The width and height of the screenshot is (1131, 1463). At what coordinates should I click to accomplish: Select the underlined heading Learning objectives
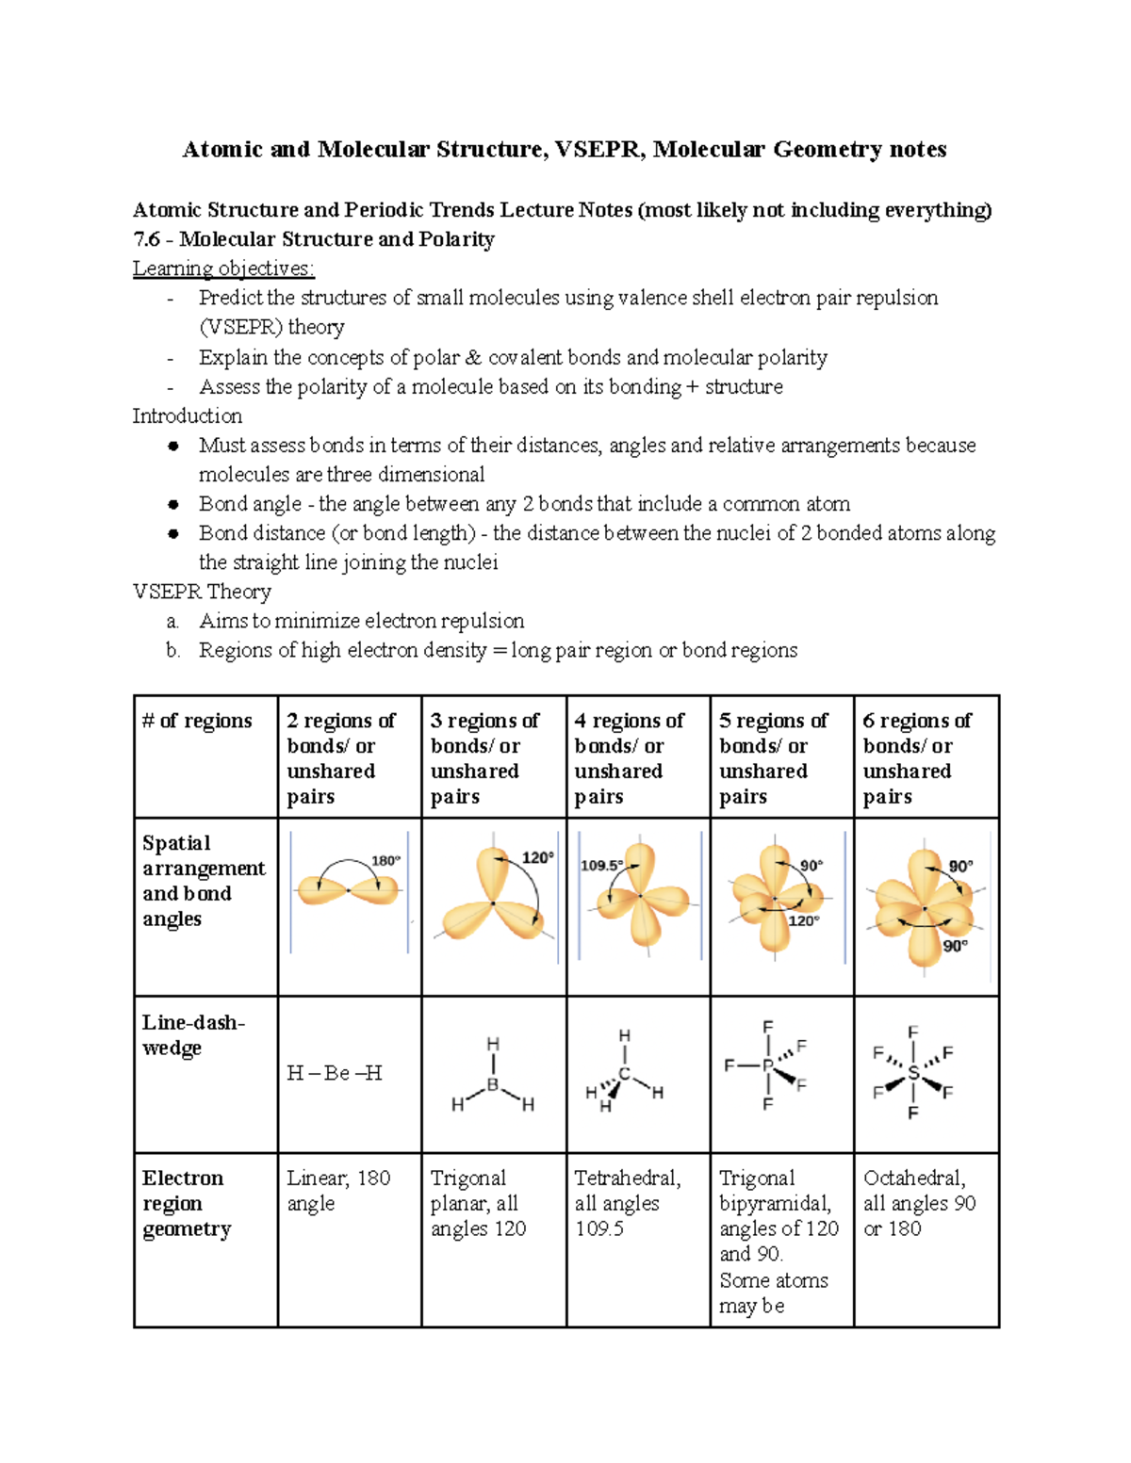(223, 268)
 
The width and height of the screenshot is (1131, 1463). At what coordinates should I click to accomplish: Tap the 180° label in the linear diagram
(385, 860)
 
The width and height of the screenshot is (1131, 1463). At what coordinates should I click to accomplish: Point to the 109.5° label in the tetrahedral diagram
(601, 865)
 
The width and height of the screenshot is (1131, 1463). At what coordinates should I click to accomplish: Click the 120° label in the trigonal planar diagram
(537, 857)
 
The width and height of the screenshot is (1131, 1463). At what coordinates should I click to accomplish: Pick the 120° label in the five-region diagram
(803, 920)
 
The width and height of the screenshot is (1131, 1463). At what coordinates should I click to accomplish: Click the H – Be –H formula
(335, 1073)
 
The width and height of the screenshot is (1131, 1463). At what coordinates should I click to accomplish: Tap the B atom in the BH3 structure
(492, 1085)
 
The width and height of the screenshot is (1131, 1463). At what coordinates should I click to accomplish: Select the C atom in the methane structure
(624, 1074)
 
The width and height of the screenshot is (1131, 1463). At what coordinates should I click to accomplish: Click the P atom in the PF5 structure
(768, 1065)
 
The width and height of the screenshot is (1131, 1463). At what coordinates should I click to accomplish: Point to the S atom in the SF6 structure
(912, 1073)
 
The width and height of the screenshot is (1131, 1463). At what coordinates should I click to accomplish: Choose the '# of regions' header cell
(197, 721)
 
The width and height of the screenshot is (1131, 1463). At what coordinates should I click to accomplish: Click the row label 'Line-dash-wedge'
(193, 1034)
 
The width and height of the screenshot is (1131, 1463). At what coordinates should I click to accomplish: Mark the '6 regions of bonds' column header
(916, 757)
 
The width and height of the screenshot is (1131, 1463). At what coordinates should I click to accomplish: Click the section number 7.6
(147, 239)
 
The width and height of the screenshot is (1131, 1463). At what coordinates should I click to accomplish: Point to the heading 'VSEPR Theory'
(202, 592)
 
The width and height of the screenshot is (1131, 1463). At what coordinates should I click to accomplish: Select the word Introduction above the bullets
(187, 415)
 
